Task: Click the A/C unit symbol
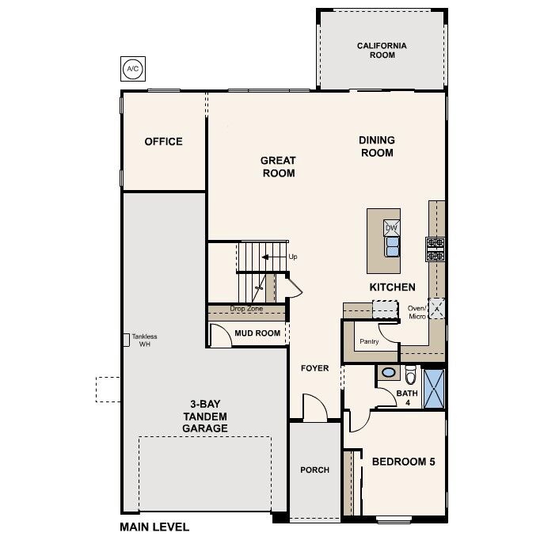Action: click(131, 69)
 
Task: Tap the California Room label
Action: click(381, 51)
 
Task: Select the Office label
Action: click(163, 142)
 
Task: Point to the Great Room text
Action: click(278, 166)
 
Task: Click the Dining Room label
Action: click(377, 146)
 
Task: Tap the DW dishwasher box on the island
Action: click(391, 228)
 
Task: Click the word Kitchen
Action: click(392, 287)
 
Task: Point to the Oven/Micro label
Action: click(417, 312)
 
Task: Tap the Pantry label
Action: click(369, 342)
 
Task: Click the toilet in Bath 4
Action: click(410, 375)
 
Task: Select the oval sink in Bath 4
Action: click(388, 372)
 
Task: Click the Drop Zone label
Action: click(245, 309)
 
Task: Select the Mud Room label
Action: click(257, 333)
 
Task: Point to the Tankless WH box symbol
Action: click(125, 339)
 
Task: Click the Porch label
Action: click(314, 470)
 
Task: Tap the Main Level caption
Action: click(154, 527)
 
